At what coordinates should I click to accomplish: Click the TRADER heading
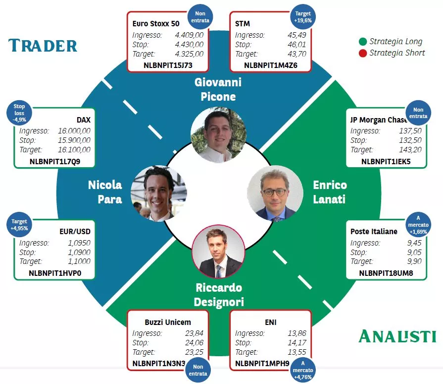[43, 46]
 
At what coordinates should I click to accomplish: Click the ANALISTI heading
[397, 336]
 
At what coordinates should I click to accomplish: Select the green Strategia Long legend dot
[363, 42]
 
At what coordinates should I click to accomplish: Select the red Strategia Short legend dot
[363, 53]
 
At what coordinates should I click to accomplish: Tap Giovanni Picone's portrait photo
[218, 135]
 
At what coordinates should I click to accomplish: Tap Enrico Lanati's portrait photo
[275, 193]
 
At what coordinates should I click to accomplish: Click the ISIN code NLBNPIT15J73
[168, 65]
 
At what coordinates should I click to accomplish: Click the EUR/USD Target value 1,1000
[79, 261]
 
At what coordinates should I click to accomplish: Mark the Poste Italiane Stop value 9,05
[415, 252]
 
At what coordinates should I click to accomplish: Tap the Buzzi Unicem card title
[168, 322]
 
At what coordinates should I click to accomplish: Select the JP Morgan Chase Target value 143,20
[410, 149]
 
